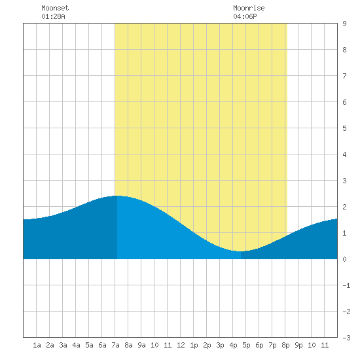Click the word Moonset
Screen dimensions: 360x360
[55, 8]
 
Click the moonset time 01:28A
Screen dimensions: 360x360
[53, 16]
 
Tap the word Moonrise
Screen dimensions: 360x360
[249, 8]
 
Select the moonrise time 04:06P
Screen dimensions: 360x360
[245, 16]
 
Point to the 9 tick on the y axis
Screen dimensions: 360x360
[344, 24]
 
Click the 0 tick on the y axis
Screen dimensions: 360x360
[344, 259]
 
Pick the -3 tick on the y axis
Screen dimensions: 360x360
[346, 338]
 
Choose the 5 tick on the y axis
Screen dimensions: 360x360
[344, 128]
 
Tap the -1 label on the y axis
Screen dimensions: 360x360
[346, 285]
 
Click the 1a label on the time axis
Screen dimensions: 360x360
[37, 345]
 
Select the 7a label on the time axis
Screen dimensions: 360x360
[115, 345]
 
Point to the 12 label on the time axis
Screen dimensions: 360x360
[181, 345]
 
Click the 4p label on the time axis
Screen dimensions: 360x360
[233, 345]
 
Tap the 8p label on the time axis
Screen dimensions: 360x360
[285, 345]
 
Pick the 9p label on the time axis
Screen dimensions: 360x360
[298, 345]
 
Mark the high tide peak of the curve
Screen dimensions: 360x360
[117, 196]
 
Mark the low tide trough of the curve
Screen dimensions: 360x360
[240, 251]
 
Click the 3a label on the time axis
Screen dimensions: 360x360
[63, 345]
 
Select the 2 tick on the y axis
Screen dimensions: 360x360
[344, 207]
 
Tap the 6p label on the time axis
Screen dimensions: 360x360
[259, 345]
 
